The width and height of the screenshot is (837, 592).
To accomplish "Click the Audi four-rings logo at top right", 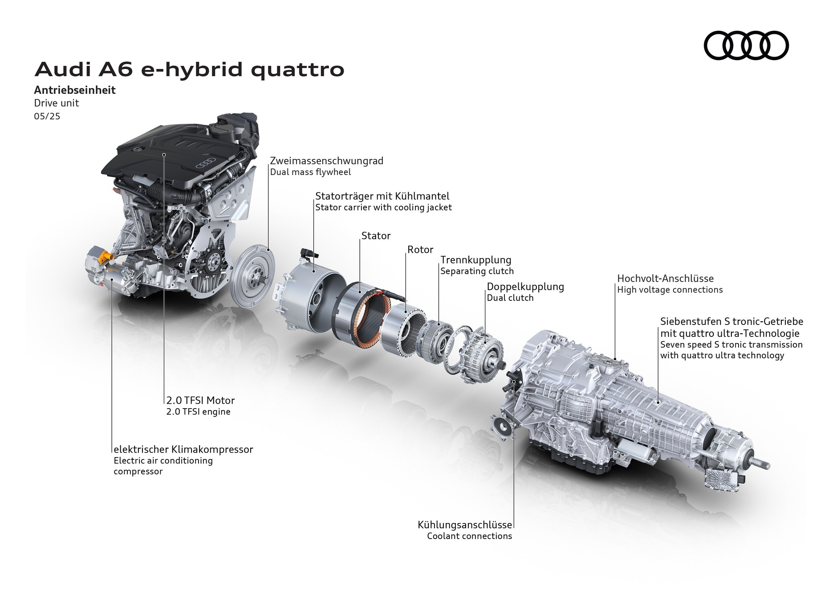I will click(746, 45).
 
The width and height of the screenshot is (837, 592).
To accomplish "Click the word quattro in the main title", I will click(297, 70).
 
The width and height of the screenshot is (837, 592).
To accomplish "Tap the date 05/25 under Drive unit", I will click(47, 116).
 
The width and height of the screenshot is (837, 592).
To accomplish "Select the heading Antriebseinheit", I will click(75, 90).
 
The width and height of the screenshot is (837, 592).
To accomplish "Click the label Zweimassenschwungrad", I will click(326, 161).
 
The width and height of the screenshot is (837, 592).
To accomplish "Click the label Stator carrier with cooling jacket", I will click(383, 207).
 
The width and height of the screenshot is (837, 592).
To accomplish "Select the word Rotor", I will click(420, 250).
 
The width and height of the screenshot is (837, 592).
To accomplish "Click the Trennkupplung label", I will click(475, 260).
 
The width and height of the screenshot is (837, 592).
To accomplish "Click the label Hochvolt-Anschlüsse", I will click(665, 279).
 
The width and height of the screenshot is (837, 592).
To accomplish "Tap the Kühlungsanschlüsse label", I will click(464, 525).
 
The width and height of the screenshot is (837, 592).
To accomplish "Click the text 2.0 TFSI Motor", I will click(200, 401).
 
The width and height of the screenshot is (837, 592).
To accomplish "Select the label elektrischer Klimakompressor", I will click(183, 450).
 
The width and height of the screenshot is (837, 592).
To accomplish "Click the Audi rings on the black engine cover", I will click(205, 163).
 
